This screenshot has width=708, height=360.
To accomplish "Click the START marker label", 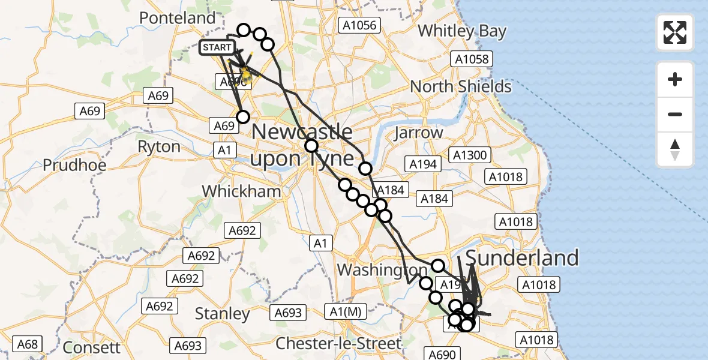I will [x=216, y=47].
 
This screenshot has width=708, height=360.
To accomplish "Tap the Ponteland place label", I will [x=177, y=18].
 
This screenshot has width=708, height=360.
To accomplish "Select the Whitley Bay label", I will [x=462, y=31].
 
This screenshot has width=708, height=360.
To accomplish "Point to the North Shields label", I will [x=461, y=86].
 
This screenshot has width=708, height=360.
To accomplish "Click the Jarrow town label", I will [x=418, y=133].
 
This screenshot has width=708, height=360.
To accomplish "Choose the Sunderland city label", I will [x=522, y=258].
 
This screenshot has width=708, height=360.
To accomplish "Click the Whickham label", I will [x=241, y=191].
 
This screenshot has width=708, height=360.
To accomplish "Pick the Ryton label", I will [x=159, y=147].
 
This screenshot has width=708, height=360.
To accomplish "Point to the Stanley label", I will [x=223, y=314].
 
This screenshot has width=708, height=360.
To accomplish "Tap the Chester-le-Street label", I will [x=338, y=344].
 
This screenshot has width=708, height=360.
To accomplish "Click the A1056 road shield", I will [x=359, y=25].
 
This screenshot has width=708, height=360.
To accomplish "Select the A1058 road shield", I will [x=472, y=59].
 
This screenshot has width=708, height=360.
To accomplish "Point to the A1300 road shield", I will [x=470, y=156].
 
